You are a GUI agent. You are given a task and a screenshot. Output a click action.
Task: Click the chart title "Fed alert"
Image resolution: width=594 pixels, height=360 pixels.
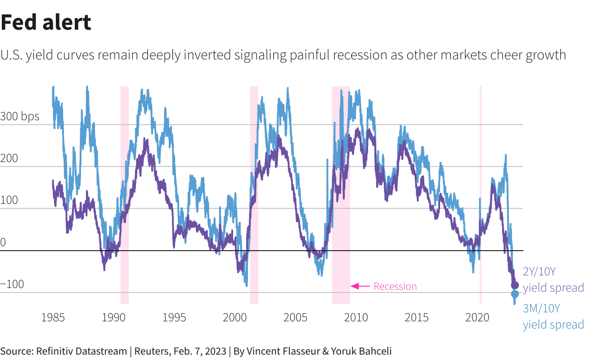(x=46, y=22)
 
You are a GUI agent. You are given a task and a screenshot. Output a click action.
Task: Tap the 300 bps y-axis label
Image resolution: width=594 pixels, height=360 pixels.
(x=20, y=117)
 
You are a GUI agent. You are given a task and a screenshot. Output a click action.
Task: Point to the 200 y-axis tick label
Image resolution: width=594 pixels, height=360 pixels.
(x=9, y=158)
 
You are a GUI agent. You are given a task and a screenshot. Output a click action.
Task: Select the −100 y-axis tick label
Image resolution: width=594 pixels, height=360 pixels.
(x=12, y=284)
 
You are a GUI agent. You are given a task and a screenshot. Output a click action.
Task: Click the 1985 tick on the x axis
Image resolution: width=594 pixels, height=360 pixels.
(x=53, y=318)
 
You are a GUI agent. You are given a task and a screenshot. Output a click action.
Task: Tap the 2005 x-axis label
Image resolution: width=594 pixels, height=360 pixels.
(x=295, y=318)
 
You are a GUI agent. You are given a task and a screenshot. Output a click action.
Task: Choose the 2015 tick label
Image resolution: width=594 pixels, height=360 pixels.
(x=416, y=318)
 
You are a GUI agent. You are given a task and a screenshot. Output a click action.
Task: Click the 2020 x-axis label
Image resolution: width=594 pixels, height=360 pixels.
(x=477, y=318)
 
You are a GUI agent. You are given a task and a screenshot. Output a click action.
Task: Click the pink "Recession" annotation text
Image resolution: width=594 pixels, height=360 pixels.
(x=395, y=286)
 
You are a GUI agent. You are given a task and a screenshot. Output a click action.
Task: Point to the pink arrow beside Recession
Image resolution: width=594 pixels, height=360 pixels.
(x=360, y=286)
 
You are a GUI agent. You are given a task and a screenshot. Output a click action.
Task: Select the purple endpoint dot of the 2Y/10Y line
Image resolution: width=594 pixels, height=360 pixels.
(x=515, y=285)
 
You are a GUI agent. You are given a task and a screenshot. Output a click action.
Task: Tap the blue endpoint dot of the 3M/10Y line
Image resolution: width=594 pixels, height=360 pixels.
(x=515, y=294)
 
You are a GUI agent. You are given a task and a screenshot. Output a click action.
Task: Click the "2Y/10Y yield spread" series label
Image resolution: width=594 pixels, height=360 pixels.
(x=553, y=279)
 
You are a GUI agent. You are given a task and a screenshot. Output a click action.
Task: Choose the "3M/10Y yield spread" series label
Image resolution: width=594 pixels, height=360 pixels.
(x=553, y=316)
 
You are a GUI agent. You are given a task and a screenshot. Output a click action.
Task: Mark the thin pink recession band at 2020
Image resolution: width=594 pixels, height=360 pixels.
(x=481, y=193)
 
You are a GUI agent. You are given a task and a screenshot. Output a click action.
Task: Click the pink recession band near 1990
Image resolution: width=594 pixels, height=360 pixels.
(x=125, y=193)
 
